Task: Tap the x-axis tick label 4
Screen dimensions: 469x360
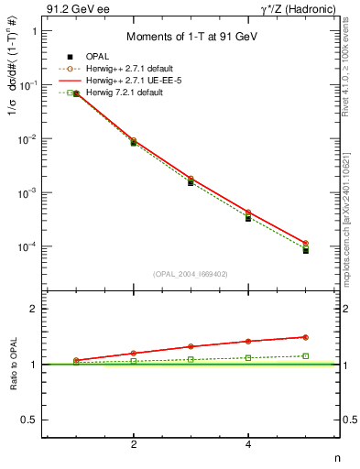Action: [x=248, y=444]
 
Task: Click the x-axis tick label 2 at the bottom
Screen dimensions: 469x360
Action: [x=134, y=444]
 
